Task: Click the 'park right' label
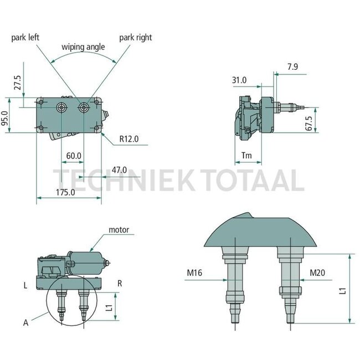pos(135,38)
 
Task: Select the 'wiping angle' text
pos(83,47)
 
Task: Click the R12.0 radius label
pos(129,139)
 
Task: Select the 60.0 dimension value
pos(74,156)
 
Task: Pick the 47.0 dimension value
pos(119,170)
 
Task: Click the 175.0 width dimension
pos(65,192)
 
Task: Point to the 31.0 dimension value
pos(239,80)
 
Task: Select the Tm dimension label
pos(247,156)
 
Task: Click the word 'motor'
pos(119,229)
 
